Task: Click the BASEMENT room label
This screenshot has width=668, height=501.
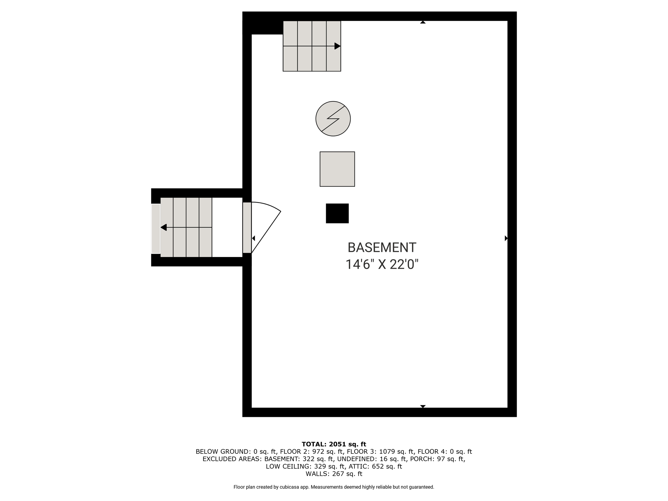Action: (382, 248)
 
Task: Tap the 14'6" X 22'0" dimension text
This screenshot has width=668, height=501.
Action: (382, 264)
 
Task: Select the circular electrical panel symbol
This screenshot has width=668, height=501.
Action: (333, 119)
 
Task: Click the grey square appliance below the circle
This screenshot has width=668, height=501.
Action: (337, 169)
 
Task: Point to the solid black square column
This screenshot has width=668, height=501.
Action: (337, 213)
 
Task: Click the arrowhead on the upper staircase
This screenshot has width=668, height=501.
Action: (338, 46)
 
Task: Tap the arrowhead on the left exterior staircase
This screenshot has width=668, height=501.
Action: (163, 227)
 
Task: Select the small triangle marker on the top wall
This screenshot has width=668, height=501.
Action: (423, 22)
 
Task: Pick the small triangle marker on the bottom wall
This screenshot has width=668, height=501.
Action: (423, 406)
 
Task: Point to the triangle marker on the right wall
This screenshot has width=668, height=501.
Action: (506, 238)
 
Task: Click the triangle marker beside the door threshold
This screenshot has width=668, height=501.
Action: (253, 238)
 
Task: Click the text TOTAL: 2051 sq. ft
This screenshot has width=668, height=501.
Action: (334, 444)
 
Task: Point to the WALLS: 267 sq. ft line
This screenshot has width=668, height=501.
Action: (334, 474)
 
